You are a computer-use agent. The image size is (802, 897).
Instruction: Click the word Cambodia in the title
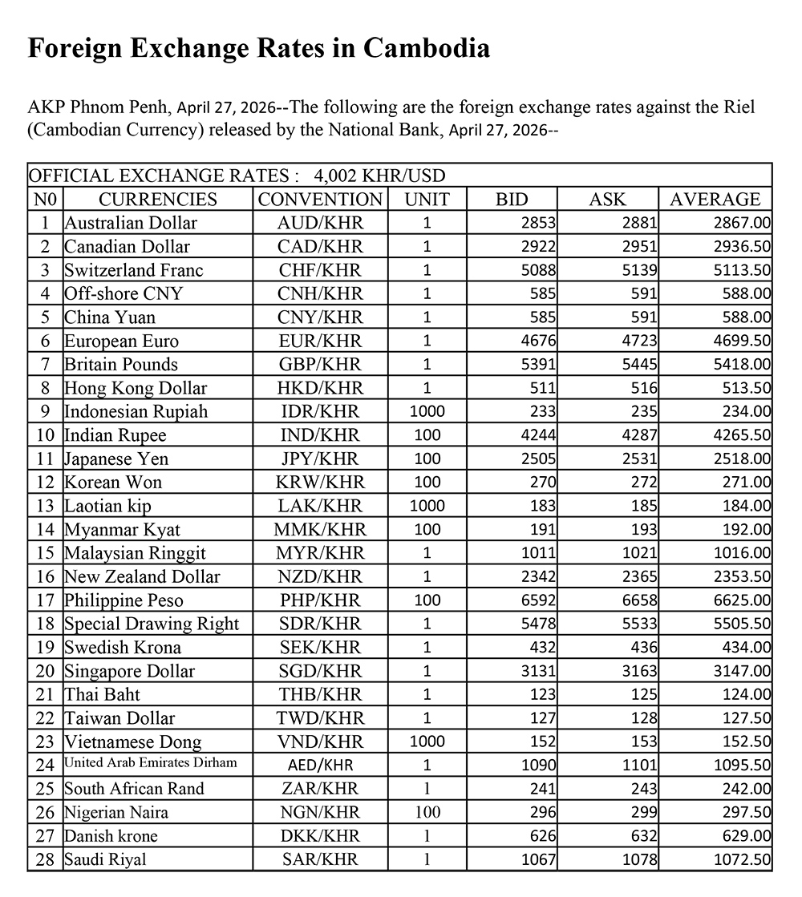tap(426, 48)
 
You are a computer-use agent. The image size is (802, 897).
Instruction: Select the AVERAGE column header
tap(715, 199)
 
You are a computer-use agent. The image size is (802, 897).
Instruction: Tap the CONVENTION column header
tap(320, 199)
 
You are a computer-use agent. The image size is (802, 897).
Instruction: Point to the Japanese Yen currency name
tap(116, 459)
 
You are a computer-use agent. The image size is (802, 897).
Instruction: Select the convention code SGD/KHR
tap(320, 671)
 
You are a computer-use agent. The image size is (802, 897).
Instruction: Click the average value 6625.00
tap(741, 600)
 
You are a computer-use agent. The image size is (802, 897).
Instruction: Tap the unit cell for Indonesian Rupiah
tap(427, 412)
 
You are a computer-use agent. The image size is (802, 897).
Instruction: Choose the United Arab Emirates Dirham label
tap(151, 763)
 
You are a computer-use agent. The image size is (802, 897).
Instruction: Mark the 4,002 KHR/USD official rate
tap(380, 176)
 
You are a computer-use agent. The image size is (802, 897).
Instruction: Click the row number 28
tap(45, 860)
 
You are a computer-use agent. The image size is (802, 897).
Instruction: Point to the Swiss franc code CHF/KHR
tap(320, 270)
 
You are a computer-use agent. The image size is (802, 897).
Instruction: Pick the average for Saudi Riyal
tap(741, 860)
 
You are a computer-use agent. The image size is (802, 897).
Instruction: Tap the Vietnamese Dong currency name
tap(132, 742)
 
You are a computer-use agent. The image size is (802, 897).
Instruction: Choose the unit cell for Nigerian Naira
tap(427, 813)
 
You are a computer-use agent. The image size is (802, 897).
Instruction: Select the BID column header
tap(512, 199)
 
